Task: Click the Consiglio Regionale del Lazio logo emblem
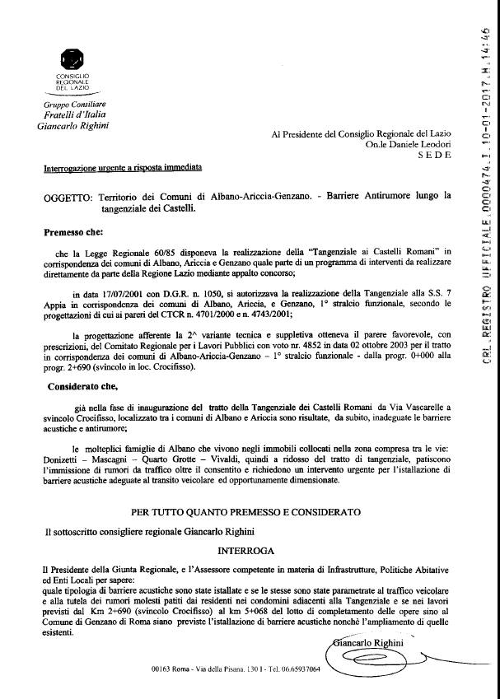click(x=72, y=60)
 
